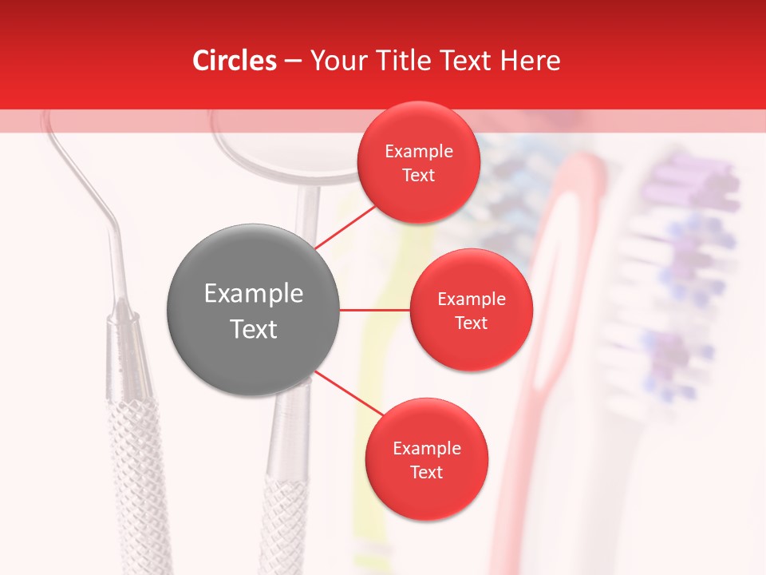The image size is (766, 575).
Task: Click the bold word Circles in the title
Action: pos(234,61)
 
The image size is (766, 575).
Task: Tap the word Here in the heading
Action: pos(530,61)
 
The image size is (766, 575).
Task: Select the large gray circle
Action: pos(253,310)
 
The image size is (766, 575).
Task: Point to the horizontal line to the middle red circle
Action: pos(375,310)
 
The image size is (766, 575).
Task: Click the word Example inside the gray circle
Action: pos(253,293)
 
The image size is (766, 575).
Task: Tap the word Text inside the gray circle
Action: pos(253,329)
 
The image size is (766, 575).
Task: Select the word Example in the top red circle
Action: pos(418,151)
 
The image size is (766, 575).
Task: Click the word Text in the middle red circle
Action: pos(471,323)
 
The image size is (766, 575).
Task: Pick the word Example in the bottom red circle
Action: pos(426,448)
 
